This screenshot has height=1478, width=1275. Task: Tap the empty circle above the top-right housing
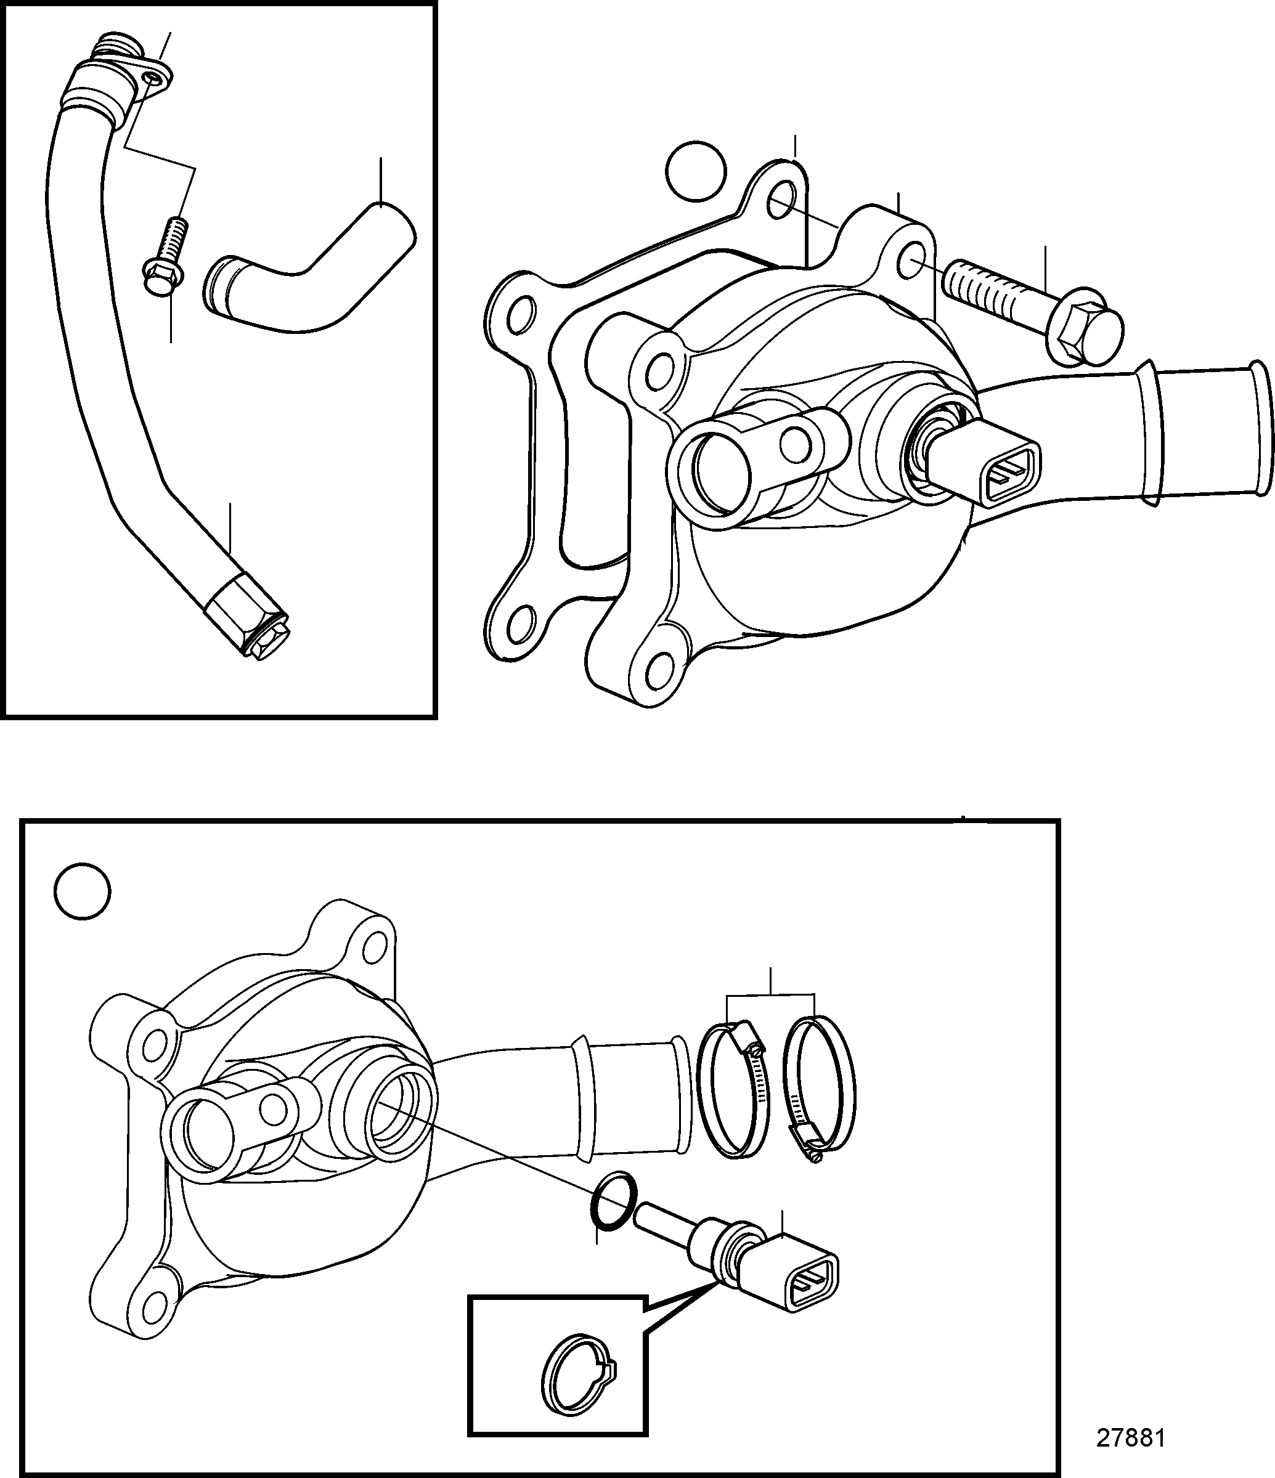coord(696,171)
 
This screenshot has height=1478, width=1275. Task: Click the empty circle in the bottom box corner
coord(83,891)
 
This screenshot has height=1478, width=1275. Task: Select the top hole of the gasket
coord(783,200)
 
